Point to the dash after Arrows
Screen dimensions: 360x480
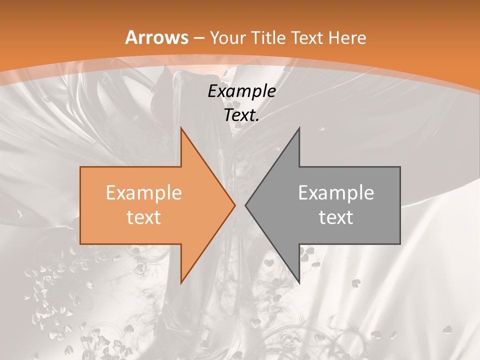(x=198, y=38)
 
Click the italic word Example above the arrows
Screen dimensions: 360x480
(x=241, y=91)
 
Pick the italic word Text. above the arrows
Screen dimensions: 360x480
(x=241, y=115)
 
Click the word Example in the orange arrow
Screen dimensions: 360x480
(x=143, y=192)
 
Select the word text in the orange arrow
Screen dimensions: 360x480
(x=143, y=217)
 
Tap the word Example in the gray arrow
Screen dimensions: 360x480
(x=336, y=192)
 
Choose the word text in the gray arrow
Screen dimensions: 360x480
(x=336, y=217)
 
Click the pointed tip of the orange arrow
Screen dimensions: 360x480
(x=235, y=205)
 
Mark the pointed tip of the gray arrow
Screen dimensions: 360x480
(x=245, y=205)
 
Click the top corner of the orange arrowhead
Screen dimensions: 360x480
(x=181, y=128)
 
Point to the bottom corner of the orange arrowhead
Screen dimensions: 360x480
(x=181, y=283)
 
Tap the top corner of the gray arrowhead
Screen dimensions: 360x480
(x=299, y=128)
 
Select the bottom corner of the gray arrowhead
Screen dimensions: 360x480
(x=299, y=283)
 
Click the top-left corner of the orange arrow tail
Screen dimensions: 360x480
(x=80, y=167)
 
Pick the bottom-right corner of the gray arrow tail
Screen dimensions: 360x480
(x=400, y=244)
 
